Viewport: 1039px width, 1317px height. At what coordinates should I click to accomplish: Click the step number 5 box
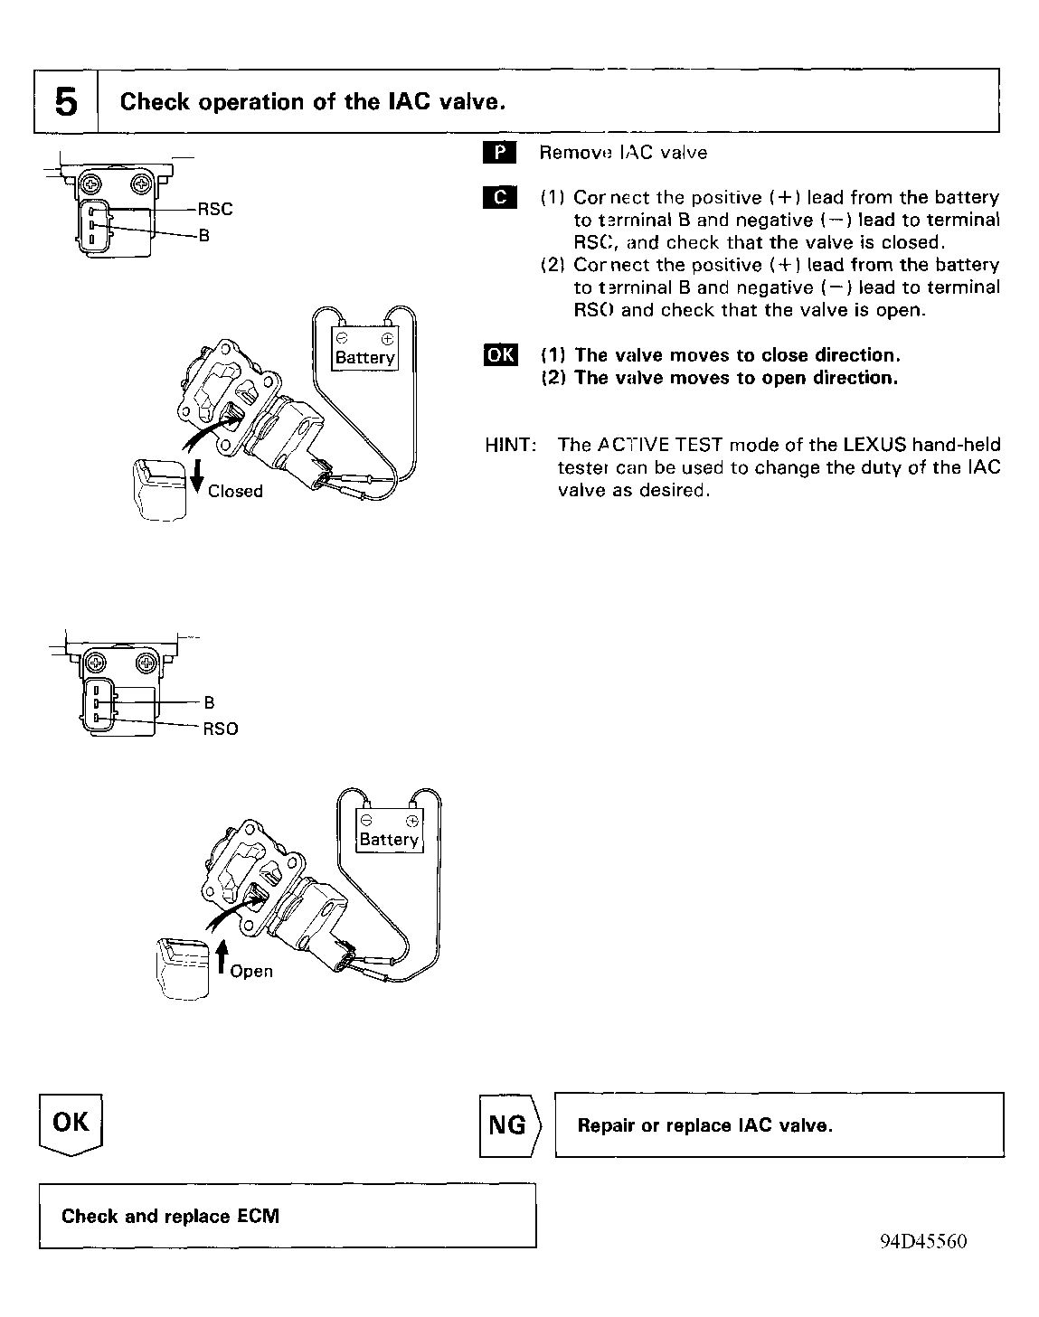pyautogui.click(x=66, y=101)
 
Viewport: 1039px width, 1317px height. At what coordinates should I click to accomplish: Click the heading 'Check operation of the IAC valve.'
pyautogui.click(x=312, y=101)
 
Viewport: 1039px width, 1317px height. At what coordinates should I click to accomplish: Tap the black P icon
pyautogui.click(x=499, y=153)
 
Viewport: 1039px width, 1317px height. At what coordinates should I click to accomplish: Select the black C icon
pyautogui.click(x=499, y=198)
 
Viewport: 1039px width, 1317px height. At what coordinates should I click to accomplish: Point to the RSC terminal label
pyautogui.click(x=215, y=209)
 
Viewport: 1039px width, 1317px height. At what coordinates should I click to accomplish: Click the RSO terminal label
pyautogui.click(x=220, y=729)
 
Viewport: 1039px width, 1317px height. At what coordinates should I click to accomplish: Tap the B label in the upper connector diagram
pyautogui.click(x=204, y=237)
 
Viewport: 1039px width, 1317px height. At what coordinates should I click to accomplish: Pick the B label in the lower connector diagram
pyautogui.click(x=209, y=702)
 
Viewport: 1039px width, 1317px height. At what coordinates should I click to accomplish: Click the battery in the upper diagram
pyautogui.click(x=364, y=348)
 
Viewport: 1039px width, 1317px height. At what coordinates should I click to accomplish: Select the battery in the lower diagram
pyautogui.click(x=389, y=830)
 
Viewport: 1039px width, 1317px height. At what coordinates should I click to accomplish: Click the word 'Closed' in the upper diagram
pyautogui.click(x=235, y=491)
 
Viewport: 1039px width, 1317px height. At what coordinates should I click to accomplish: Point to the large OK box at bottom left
pyautogui.click(x=71, y=1124)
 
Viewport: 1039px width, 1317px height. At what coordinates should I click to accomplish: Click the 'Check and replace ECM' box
pyautogui.click(x=288, y=1216)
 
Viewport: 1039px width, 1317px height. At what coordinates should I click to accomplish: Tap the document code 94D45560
pyautogui.click(x=922, y=1241)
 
